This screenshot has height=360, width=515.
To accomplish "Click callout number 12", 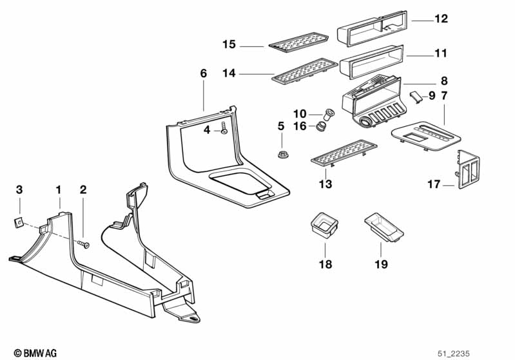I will click(441, 19).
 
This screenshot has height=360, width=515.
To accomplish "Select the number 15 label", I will click(229, 44).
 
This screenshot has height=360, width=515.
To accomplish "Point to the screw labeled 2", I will click(84, 245).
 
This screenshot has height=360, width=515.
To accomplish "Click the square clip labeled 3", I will click(20, 222).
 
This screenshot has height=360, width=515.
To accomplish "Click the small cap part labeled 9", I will click(416, 97).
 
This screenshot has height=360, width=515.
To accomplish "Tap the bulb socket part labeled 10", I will click(329, 114).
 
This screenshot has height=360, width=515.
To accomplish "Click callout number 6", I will click(204, 73).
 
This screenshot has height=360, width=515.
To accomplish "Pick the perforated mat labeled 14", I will click(303, 71).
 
